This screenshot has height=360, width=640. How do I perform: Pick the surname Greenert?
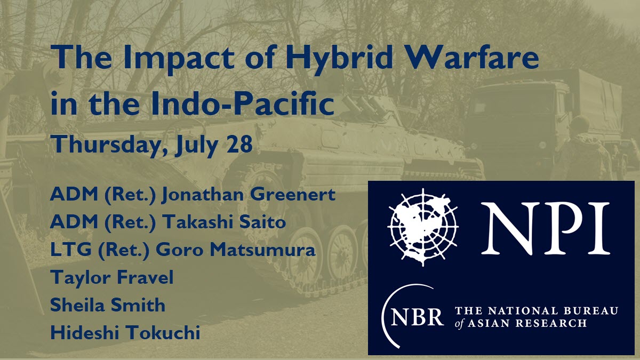click(293, 194)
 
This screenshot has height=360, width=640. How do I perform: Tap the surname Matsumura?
click(262, 250)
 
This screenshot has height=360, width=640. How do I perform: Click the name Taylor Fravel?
click(112, 278)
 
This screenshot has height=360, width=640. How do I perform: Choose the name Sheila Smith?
click(108, 305)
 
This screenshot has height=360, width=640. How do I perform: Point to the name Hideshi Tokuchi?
click(125, 332)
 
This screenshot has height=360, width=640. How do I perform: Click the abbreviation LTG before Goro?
click(71, 250)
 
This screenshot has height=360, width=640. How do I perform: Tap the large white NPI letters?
click(545, 228)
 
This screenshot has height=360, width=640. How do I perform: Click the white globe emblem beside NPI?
click(423, 227)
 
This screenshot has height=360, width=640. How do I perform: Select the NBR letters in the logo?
click(417, 317)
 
